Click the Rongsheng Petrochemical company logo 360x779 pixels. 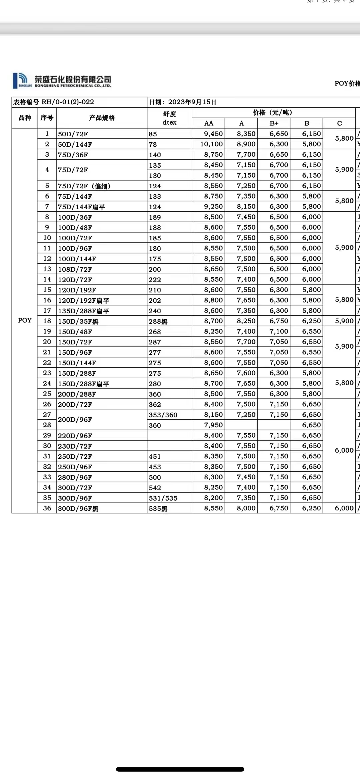click(62, 81)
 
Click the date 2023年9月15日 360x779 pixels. click(192, 102)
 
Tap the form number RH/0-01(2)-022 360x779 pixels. click(68, 102)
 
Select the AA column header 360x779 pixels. click(209, 123)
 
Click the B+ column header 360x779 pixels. click(274, 123)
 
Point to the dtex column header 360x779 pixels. click(169, 118)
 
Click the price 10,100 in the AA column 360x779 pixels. click(211, 144)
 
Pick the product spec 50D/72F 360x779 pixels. click(73, 134)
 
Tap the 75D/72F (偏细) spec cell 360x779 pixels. click(84, 186)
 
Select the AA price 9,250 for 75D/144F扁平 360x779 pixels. click(213, 207)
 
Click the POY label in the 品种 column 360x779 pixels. click(25, 320)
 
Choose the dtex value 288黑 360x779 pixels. click(158, 321)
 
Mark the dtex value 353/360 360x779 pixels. click(163, 415)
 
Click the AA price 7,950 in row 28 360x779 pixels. click(213, 425)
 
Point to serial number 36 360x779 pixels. click(47, 508)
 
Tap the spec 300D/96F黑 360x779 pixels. click(78, 509)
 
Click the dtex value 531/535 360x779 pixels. click(163, 498)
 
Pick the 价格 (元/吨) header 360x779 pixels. click(272, 113)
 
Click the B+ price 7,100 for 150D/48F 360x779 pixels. click(279, 331)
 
